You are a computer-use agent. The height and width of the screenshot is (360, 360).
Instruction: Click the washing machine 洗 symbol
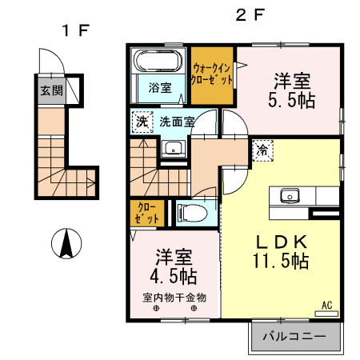(141, 122)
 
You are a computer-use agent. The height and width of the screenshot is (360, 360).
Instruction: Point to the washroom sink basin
(172, 149)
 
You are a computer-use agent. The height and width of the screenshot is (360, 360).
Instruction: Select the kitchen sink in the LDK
(289, 195)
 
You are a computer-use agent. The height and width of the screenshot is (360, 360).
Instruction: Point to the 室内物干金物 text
(174, 298)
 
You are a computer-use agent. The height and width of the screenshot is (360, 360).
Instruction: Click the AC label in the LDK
(327, 305)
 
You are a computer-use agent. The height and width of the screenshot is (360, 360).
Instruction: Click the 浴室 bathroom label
(159, 87)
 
